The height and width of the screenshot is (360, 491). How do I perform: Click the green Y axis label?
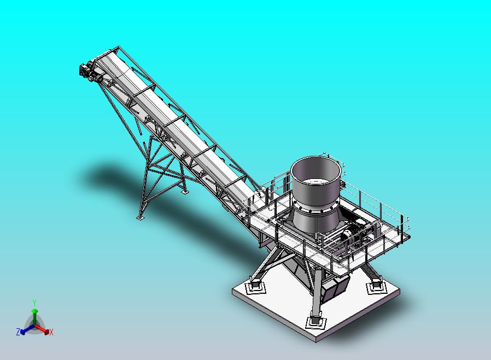34,303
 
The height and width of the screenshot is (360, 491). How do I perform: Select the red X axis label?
51,333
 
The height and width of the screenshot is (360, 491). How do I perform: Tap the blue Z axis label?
18,332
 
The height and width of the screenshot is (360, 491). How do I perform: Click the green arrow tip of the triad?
34,311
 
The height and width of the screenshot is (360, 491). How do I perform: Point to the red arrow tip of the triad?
46,332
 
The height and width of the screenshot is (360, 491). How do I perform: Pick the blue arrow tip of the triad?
22,332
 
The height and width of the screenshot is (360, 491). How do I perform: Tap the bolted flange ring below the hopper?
315,208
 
